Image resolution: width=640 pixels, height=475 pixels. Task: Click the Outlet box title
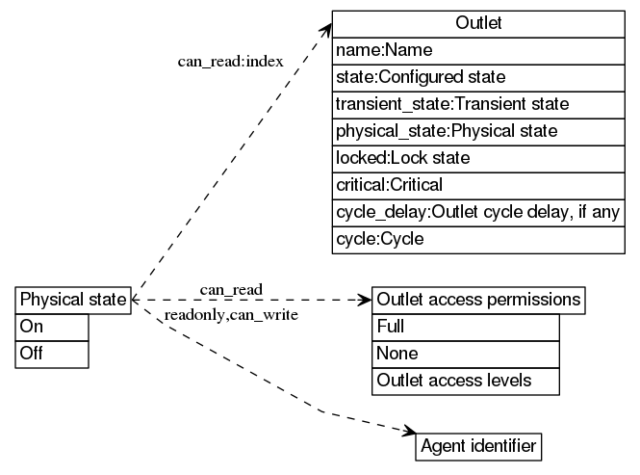[478, 23]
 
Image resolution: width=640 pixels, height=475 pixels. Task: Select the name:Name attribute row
[478, 49]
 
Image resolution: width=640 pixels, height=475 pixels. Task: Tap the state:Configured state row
[478, 76]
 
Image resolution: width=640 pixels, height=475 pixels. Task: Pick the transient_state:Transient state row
[478, 103]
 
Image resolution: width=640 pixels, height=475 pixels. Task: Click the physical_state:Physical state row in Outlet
[478, 130]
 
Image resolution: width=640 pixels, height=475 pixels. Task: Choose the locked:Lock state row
[478, 157]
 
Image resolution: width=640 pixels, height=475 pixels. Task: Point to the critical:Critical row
[478, 184]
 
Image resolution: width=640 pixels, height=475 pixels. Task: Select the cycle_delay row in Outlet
[478, 211]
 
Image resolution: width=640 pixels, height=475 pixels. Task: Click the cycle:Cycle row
[478, 238]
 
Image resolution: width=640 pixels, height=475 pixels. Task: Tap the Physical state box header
[72, 300]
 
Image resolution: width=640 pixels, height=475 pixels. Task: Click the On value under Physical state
[53, 327]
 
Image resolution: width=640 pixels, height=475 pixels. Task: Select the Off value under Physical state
[53, 354]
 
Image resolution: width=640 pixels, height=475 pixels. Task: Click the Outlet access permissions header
[478, 300]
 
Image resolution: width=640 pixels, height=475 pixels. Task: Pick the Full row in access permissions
[466, 327]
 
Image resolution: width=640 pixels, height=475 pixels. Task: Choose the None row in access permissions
[466, 354]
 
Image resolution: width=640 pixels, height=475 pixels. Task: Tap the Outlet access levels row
[466, 381]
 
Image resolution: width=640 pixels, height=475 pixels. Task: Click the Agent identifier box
[478, 447]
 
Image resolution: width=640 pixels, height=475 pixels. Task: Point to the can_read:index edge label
[230, 62]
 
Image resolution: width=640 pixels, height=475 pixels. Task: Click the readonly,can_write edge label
[231, 315]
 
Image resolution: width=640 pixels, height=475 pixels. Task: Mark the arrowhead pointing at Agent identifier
[408, 435]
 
